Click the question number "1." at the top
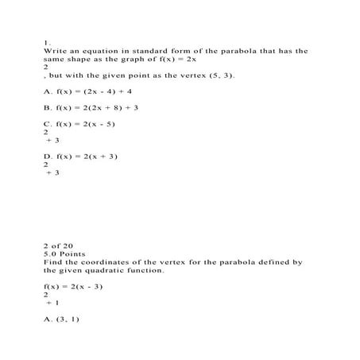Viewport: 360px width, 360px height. (47, 42)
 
